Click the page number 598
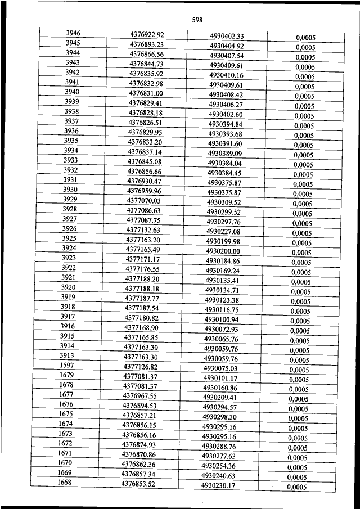pos(197,20)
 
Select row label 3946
pos(73,33)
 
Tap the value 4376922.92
pos(146,34)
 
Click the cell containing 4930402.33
pos(226,36)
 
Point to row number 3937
pos(71,121)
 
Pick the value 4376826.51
pos(145,122)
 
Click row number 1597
pos(67,366)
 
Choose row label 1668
pos(65,483)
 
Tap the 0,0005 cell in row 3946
pos(305,38)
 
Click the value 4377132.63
pos(143,229)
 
